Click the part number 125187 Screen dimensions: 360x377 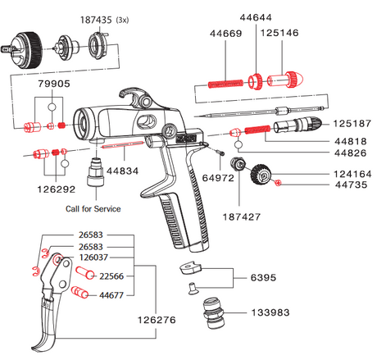(353, 124)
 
